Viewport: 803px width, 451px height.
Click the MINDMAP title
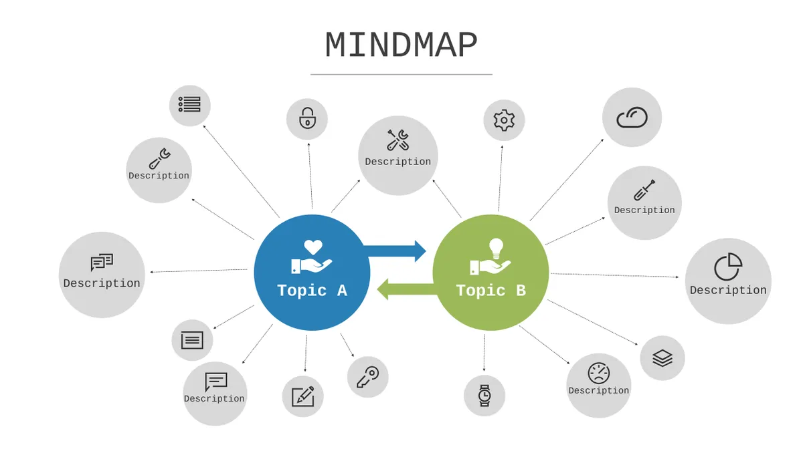(x=401, y=45)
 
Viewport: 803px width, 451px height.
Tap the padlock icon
(x=307, y=118)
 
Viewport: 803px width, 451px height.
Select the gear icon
(x=504, y=120)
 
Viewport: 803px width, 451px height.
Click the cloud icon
(x=632, y=118)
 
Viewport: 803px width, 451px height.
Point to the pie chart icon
(x=728, y=267)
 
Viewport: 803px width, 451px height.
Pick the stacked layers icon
(x=662, y=358)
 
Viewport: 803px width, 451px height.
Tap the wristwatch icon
(x=484, y=396)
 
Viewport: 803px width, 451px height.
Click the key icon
(x=368, y=377)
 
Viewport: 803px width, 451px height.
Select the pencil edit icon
(x=303, y=397)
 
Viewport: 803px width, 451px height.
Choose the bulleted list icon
(x=189, y=104)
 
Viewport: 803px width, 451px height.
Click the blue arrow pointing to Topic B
(x=395, y=251)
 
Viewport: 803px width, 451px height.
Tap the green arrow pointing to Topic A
(x=408, y=289)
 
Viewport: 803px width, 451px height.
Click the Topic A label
(x=313, y=290)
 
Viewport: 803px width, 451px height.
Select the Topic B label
(x=490, y=290)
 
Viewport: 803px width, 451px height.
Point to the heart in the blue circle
(x=313, y=247)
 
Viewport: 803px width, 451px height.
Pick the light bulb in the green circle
(x=496, y=248)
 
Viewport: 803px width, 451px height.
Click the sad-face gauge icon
(x=599, y=373)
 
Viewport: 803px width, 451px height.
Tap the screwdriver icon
(x=644, y=190)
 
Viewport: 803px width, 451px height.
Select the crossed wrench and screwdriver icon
(x=398, y=140)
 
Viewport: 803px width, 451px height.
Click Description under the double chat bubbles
(x=102, y=283)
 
